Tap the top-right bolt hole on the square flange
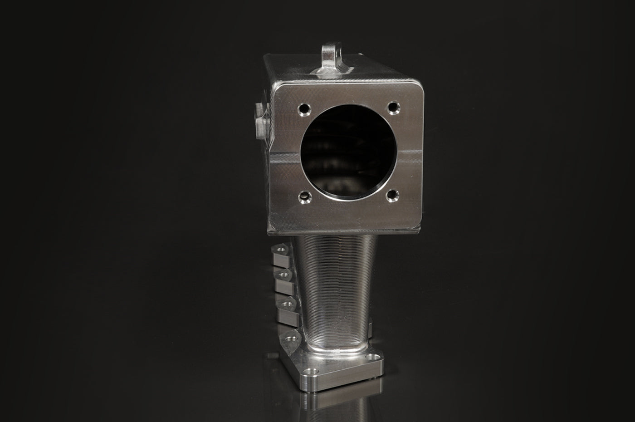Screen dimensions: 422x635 pyautogui.click(x=393, y=108)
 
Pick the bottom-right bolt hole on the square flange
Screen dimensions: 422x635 pyautogui.click(x=391, y=196)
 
